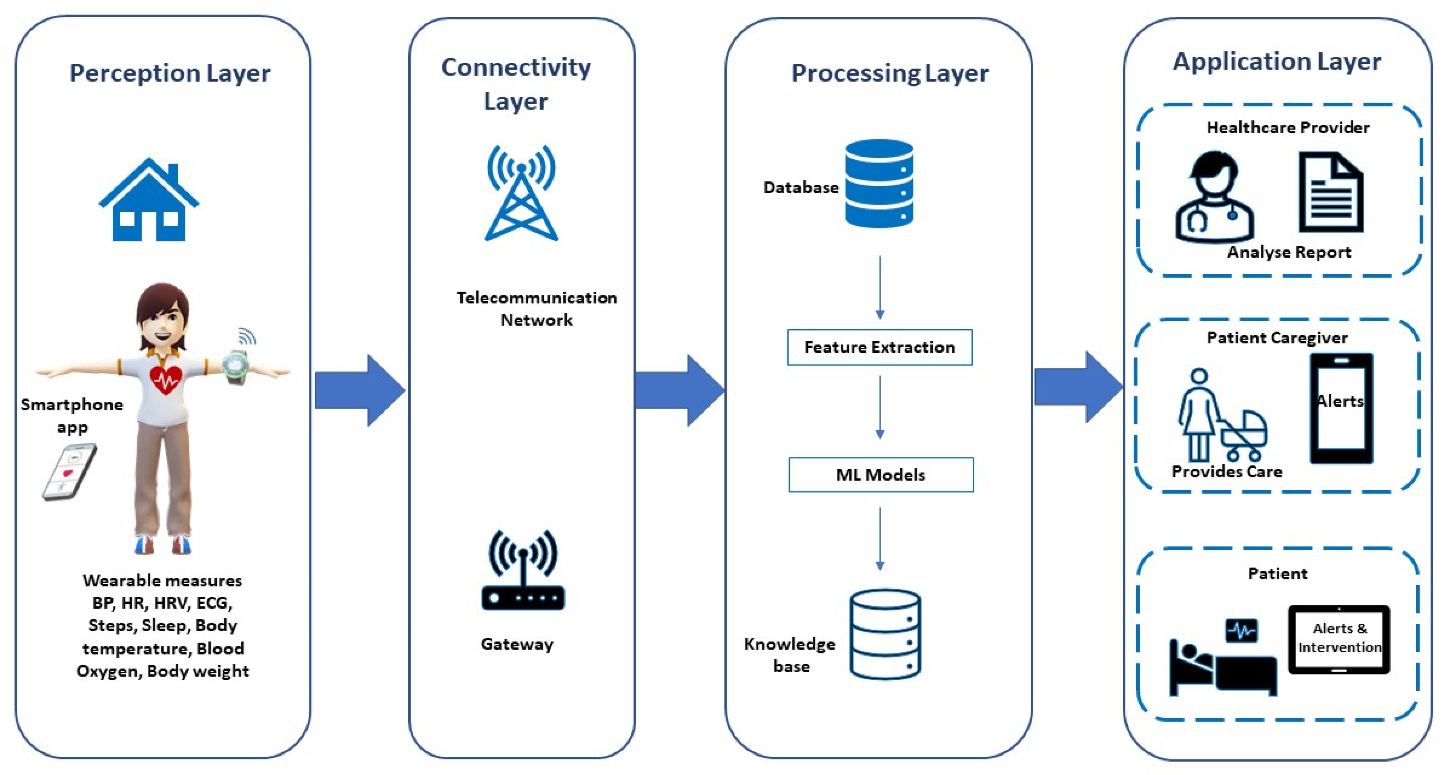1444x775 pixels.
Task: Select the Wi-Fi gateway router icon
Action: pos(523,570)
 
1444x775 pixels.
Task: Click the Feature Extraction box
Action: pos(880,348)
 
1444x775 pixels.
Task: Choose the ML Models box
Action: pos(881,475)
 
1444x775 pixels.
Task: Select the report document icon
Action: pos(1331,192)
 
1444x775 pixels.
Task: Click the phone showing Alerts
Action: pos(1341,408)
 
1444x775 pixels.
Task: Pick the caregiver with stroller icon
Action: pos(1222,415)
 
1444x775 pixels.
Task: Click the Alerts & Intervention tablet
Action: pos(1339,639)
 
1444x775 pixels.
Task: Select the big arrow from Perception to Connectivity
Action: pos(360,390)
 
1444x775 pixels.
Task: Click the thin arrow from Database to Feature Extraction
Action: pos(880,288)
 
